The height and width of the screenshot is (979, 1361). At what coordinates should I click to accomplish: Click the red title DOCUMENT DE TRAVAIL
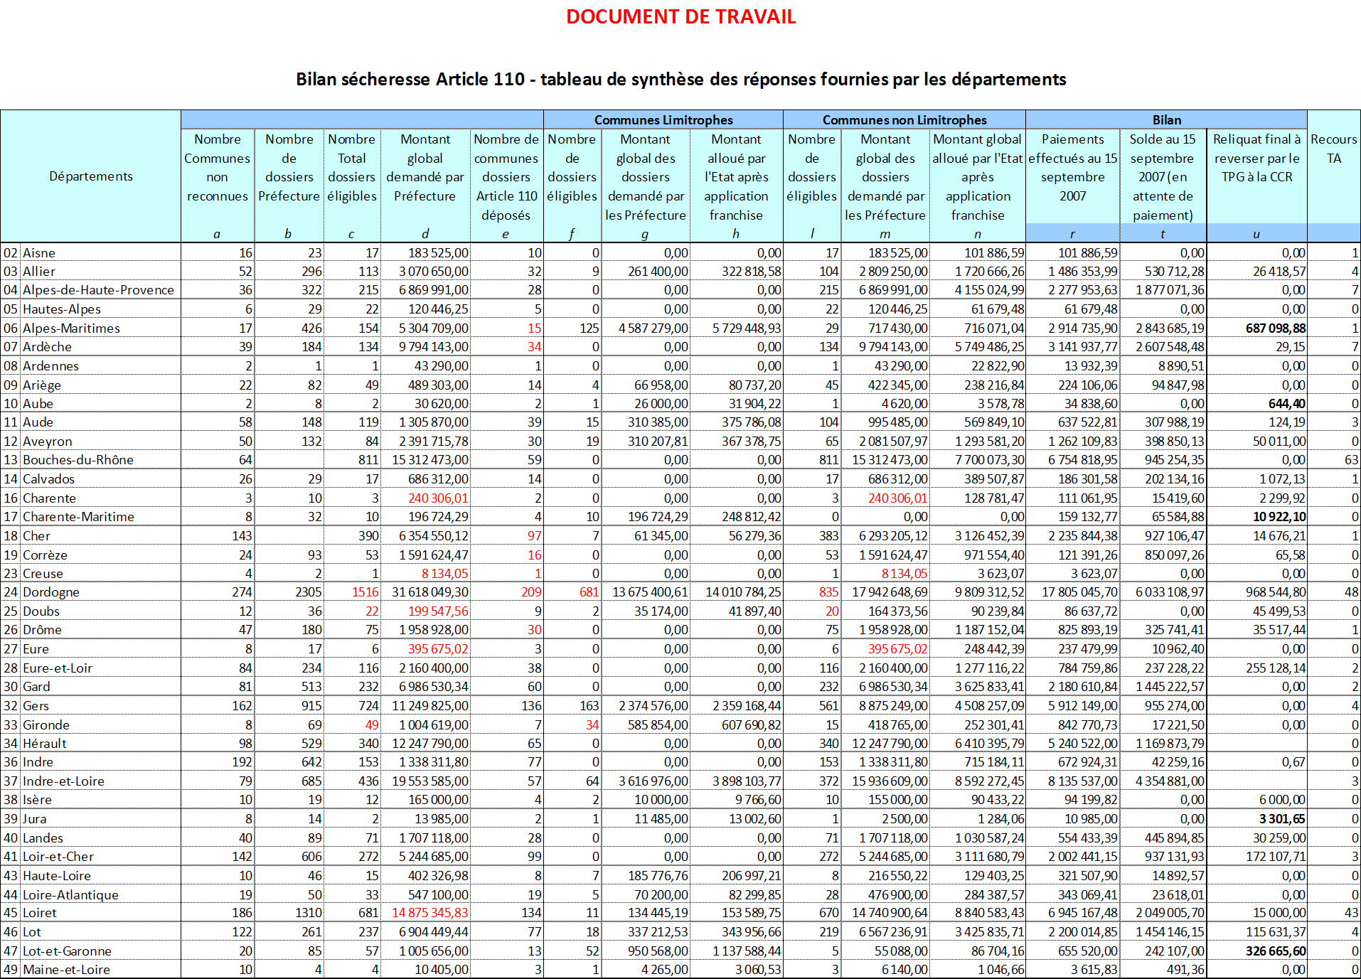tap(680, 17)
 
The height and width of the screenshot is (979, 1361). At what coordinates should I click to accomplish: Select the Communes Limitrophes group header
tap(663, 120)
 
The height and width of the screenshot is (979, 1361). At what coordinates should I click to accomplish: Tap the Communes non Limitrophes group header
tap(904, 120)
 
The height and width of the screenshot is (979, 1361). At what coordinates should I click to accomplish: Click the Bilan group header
tap(1166, 120)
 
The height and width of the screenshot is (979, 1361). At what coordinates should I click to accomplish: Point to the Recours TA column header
tap(1333, 149)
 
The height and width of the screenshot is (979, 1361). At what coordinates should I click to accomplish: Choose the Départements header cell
tap(90, 176)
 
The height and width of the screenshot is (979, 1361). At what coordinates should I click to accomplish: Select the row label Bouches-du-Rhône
tap(78, 460)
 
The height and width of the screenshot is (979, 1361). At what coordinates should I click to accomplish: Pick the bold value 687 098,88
tap(1275, 328)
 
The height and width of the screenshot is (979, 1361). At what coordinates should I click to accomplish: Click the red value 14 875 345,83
tap(430, 913)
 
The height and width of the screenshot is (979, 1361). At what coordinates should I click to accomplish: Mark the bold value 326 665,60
tap(1275, 951)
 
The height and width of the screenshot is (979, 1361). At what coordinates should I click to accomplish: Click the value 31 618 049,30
tap(429, 592)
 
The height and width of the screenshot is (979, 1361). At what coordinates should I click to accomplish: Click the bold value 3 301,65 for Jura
tap(1281, 819)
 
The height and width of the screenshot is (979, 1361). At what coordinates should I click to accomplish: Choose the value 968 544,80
tap(1275, 592)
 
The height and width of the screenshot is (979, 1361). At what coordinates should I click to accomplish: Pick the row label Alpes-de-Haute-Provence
tap(98, 290)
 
